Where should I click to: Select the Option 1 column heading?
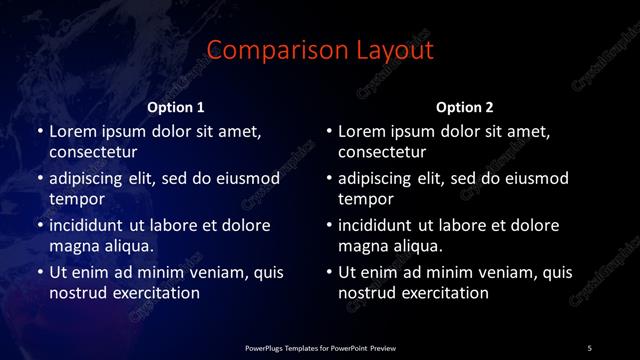pyautogui.click(x=176, y=106)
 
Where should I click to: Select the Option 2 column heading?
pyautogui.click(x=465, y=106)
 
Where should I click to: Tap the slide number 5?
pyautogui.click(x=589, y=348)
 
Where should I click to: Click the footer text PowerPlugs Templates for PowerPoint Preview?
pyautogui.click(x=320, y=348)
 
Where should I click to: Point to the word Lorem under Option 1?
pyautogui.click(x=73, y=131)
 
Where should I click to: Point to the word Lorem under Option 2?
pyautogui.click(x=362, y=131)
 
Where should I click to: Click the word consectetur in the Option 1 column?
pyautogui.click(x=93, y=153)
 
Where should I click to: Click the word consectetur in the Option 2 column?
pyautogui.click(x=382, y=153)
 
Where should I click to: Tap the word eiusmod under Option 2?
pyautogui.click(x=533, y=179)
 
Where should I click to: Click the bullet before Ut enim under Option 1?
pyautogui.click(x=39, y=272)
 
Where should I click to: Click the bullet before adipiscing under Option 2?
pyautogui.click(x=328, y=179)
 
